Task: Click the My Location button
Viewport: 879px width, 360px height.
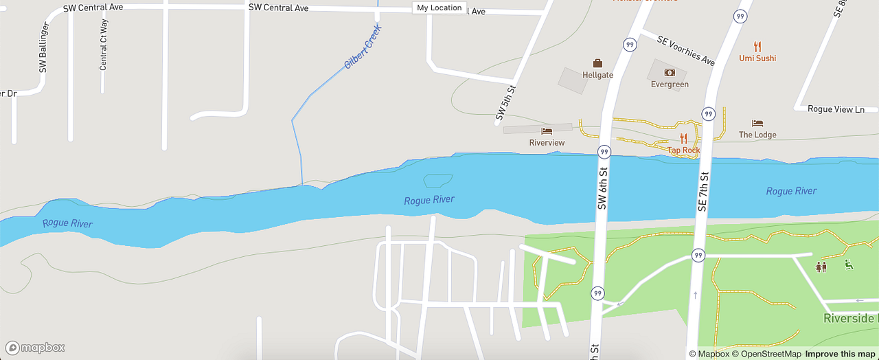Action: tap(439, 8)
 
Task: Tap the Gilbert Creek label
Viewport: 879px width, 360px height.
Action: tap(363, 47)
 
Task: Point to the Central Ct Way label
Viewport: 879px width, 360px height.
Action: tap(104, 45)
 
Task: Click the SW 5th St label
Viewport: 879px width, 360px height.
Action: tap(505, 104)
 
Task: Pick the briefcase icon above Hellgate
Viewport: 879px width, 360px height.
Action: tap(597, 63)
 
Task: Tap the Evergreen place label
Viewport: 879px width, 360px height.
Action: tap(670, 85)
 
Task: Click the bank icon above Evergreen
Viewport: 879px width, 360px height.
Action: tap(670, 73)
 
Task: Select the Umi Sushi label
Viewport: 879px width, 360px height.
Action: tap(757, 58)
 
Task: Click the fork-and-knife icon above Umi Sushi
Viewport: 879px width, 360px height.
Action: tap(757, 47)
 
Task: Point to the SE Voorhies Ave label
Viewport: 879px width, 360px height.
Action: tap(685, 51)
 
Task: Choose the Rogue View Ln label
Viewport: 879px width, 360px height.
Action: tap(836, 109)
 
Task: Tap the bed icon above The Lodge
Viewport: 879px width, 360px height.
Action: tap(757, 123)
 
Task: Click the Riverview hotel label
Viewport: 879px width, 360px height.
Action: tap(547, 143)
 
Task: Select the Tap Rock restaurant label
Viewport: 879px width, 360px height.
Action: tap(684, 150)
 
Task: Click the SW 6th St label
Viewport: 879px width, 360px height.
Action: tap(602, 188)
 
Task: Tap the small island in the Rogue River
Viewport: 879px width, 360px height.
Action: tap(437, 181)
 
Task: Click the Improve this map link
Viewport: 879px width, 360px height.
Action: tap(840, 354)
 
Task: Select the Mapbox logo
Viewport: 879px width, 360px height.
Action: tap(35, 348)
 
